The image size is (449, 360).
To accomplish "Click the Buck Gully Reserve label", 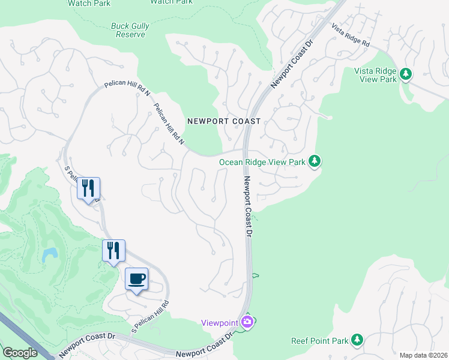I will pos(130,30).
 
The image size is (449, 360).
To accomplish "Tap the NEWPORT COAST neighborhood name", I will pos(224,121).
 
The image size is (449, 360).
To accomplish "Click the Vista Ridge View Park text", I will pos(376,75).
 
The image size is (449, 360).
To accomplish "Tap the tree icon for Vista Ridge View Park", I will pos(406,74).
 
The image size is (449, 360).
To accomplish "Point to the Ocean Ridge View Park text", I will pos(262,161).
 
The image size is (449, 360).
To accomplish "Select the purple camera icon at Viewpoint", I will pos(247,323).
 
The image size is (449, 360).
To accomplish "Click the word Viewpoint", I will pos(219,323).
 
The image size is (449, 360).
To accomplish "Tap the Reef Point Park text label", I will pos(320,341).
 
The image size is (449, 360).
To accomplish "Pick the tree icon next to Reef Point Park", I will pos(357,340).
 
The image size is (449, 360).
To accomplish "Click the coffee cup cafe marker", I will pos(137,278).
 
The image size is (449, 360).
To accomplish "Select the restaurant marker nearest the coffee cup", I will pos(113,250).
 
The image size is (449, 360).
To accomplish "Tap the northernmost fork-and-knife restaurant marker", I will pos(88,188).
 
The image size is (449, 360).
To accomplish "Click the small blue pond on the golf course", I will pos(50,255).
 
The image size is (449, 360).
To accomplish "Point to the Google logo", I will pos(20,353).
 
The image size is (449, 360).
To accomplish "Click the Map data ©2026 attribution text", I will pos(423,355).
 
